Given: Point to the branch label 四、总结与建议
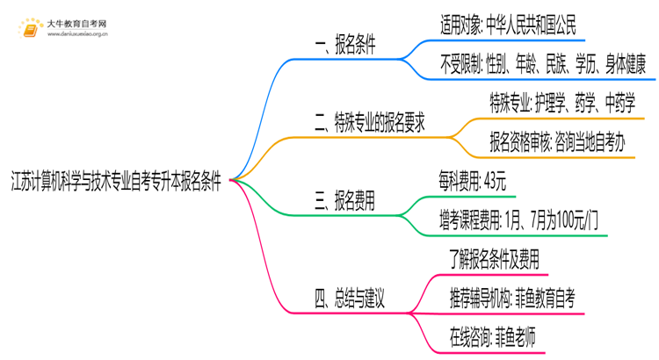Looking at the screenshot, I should [350, 299].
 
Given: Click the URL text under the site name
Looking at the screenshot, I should [75, 36].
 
